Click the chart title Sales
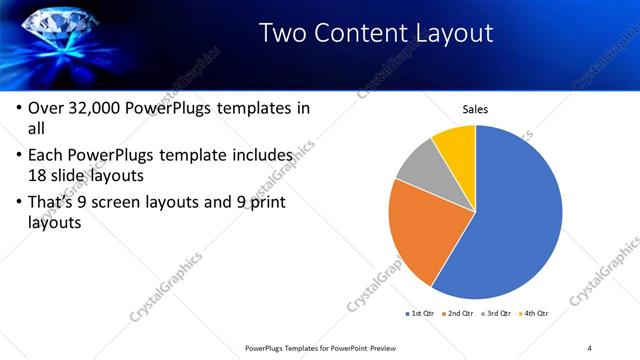(x=474, y=110)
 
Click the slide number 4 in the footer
(x=590, y=348)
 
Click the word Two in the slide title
(x=283, y=33)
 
